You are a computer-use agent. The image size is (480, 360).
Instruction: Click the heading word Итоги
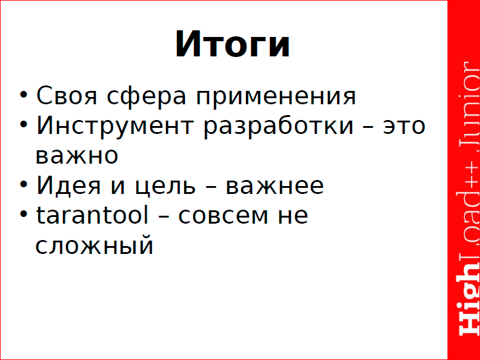coord(233,45)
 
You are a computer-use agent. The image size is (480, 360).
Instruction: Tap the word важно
coord(76,156)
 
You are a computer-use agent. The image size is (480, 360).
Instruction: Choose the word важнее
coord(275,185)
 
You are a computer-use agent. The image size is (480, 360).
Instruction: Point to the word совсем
coord(223,216)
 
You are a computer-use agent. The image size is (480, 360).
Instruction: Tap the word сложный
coord(93,246)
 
